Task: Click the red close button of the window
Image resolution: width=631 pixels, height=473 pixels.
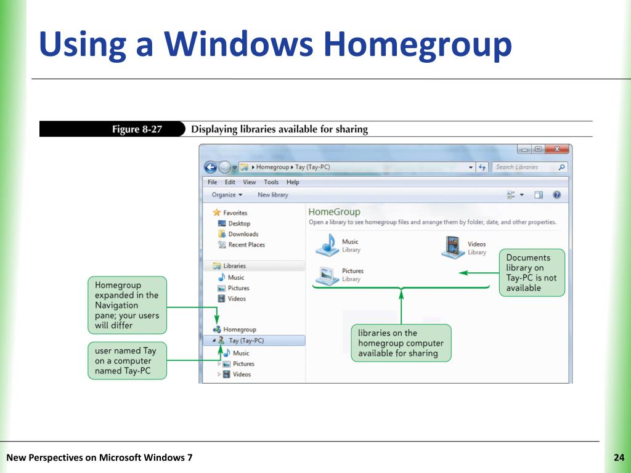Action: click(557, 150)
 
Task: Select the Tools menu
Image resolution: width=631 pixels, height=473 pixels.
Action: click(271, 182)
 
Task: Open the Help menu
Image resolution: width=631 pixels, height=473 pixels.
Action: click(293, 182)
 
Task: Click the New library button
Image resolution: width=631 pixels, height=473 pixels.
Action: click(272, 195)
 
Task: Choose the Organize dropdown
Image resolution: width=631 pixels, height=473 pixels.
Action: click(227, 195)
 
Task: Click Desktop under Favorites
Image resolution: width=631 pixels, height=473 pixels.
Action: click(238, 224)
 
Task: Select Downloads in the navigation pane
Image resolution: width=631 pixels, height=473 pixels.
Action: click(243, 234)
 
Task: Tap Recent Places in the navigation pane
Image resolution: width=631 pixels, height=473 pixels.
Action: click(246, 245)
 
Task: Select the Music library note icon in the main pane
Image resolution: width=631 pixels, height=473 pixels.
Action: click(327, 245)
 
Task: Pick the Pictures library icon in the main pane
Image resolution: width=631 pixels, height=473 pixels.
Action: click(327, 274)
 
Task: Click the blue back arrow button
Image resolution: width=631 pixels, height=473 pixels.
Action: click(211, 167)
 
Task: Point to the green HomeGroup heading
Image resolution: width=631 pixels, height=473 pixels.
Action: click(334, 212)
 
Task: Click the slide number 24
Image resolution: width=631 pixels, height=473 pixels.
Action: click(619, 457)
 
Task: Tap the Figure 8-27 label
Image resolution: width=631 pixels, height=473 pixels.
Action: click(136, 129)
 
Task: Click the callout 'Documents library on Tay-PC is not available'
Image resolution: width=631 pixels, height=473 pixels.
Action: click(531, 273)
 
